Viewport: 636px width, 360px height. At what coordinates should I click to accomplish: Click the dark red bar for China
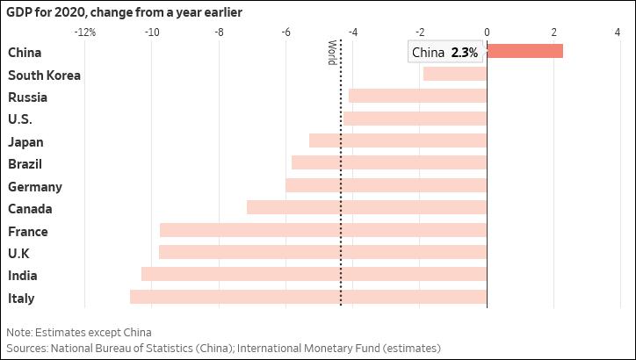[524, 52]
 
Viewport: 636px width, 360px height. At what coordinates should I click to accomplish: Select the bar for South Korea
[454, 74]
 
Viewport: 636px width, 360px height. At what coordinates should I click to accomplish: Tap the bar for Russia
[417, 96]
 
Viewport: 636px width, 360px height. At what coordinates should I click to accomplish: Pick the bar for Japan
[398, 140]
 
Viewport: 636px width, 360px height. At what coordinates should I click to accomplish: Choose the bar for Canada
[366, 208]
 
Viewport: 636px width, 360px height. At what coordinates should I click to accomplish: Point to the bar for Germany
[386, 185]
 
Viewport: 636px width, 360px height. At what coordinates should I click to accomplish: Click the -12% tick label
[85, 32]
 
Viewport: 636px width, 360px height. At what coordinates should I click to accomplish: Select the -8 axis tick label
[218, 32]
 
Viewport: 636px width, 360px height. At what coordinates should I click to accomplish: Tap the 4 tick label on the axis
[618, 32]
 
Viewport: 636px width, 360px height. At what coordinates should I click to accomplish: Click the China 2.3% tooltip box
[446, 53]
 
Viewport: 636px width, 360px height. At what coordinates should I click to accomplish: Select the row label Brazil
[25, 164]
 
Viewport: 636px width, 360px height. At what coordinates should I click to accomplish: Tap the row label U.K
[18, 254]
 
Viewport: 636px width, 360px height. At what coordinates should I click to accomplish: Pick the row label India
[22, 276]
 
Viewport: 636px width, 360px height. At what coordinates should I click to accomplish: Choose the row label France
[27, 232]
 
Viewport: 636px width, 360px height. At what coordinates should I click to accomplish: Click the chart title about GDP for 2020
[125, 12]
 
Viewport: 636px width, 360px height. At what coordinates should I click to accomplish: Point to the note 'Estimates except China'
[79, 333]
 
